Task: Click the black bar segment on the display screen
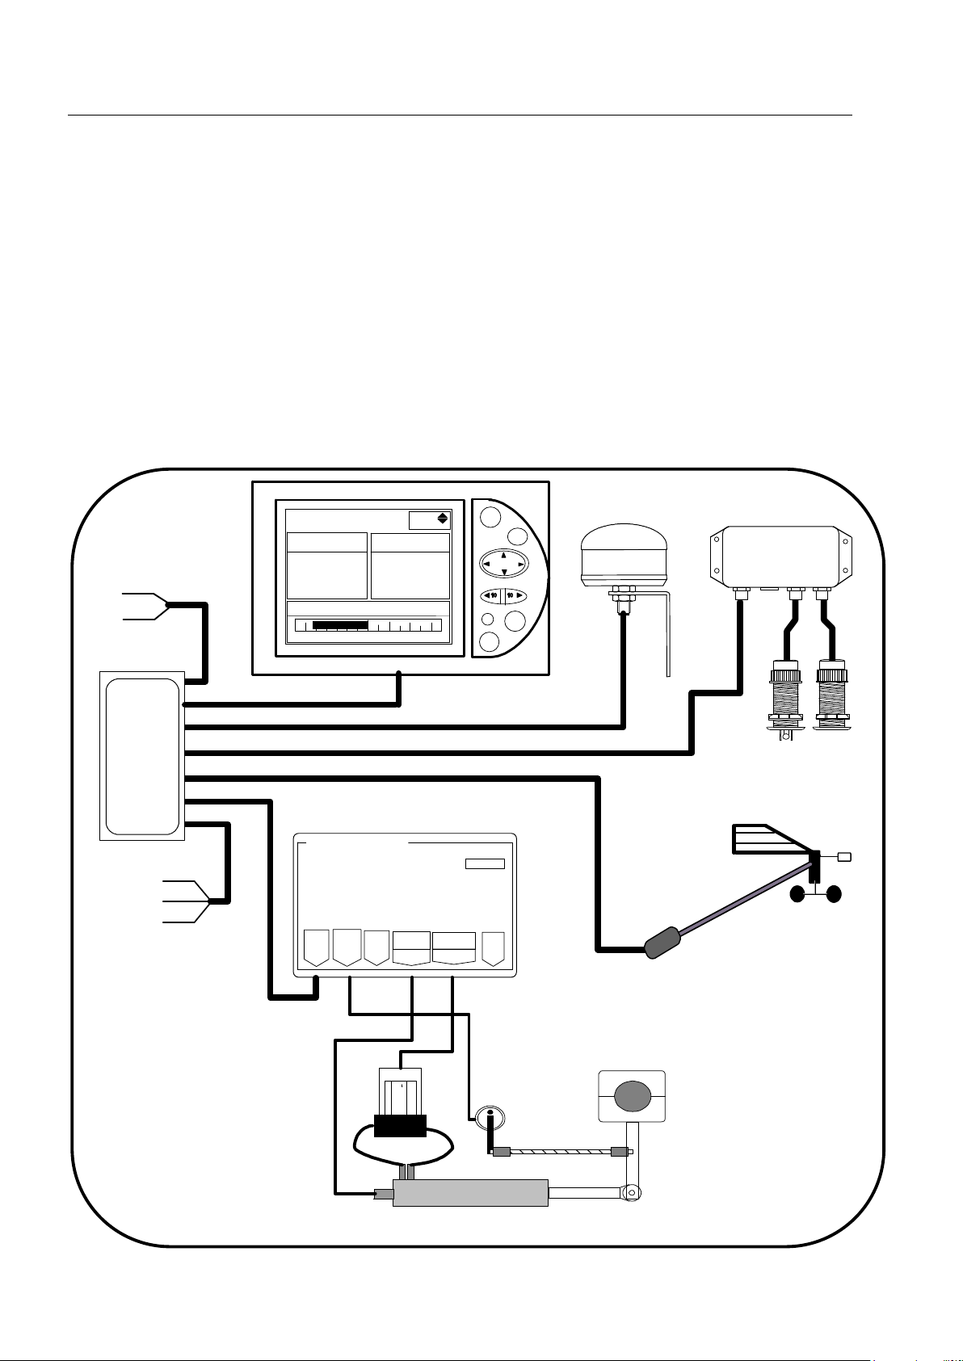pos(340,625)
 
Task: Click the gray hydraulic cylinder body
pos(470,1193)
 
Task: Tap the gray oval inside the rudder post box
pos(632,1095)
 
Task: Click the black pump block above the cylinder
pos(400,1125)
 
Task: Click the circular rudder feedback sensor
pos(489,1118)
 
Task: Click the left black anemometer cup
pos(798,894)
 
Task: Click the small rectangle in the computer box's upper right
pos(485,863)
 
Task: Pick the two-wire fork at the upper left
pos(145,606)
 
